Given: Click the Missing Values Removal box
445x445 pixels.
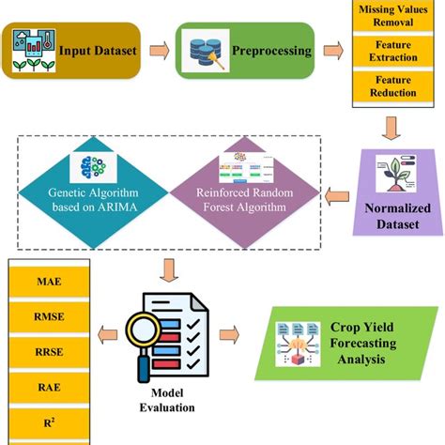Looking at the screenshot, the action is click(x=393, y=15).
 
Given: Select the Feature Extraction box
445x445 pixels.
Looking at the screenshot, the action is click(x=393, y=51).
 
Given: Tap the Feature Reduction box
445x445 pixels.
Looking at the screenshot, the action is click(x=393, y=86).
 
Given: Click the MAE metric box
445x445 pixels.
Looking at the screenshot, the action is click(x=50, y=282).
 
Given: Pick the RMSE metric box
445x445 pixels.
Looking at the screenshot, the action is click(x=50, y=317).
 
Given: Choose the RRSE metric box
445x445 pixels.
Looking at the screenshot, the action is click(x=50, y=352).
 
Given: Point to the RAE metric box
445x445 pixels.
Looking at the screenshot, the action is click(x=50, y=388).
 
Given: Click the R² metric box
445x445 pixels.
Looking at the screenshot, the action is click(x=50, y=423).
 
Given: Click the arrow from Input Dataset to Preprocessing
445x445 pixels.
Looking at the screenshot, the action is click(x=160, y=51).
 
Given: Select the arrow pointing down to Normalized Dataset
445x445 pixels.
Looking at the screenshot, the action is click(x=391, y=129).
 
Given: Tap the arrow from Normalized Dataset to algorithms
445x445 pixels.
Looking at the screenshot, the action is click(x=337, y=196).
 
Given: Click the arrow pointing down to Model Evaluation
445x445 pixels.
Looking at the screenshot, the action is click(x=169, y=270).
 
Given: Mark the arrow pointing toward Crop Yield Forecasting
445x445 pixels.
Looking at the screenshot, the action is click(x=229, y=334).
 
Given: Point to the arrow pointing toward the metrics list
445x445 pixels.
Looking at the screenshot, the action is click(x=107, y=335).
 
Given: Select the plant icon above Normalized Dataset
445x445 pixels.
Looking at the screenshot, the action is click(x=396, y=174).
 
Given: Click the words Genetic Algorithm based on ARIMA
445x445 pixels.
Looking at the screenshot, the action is click(x=94, y=200).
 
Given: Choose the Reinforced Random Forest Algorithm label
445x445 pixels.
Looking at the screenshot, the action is click(x=245, y=200).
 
